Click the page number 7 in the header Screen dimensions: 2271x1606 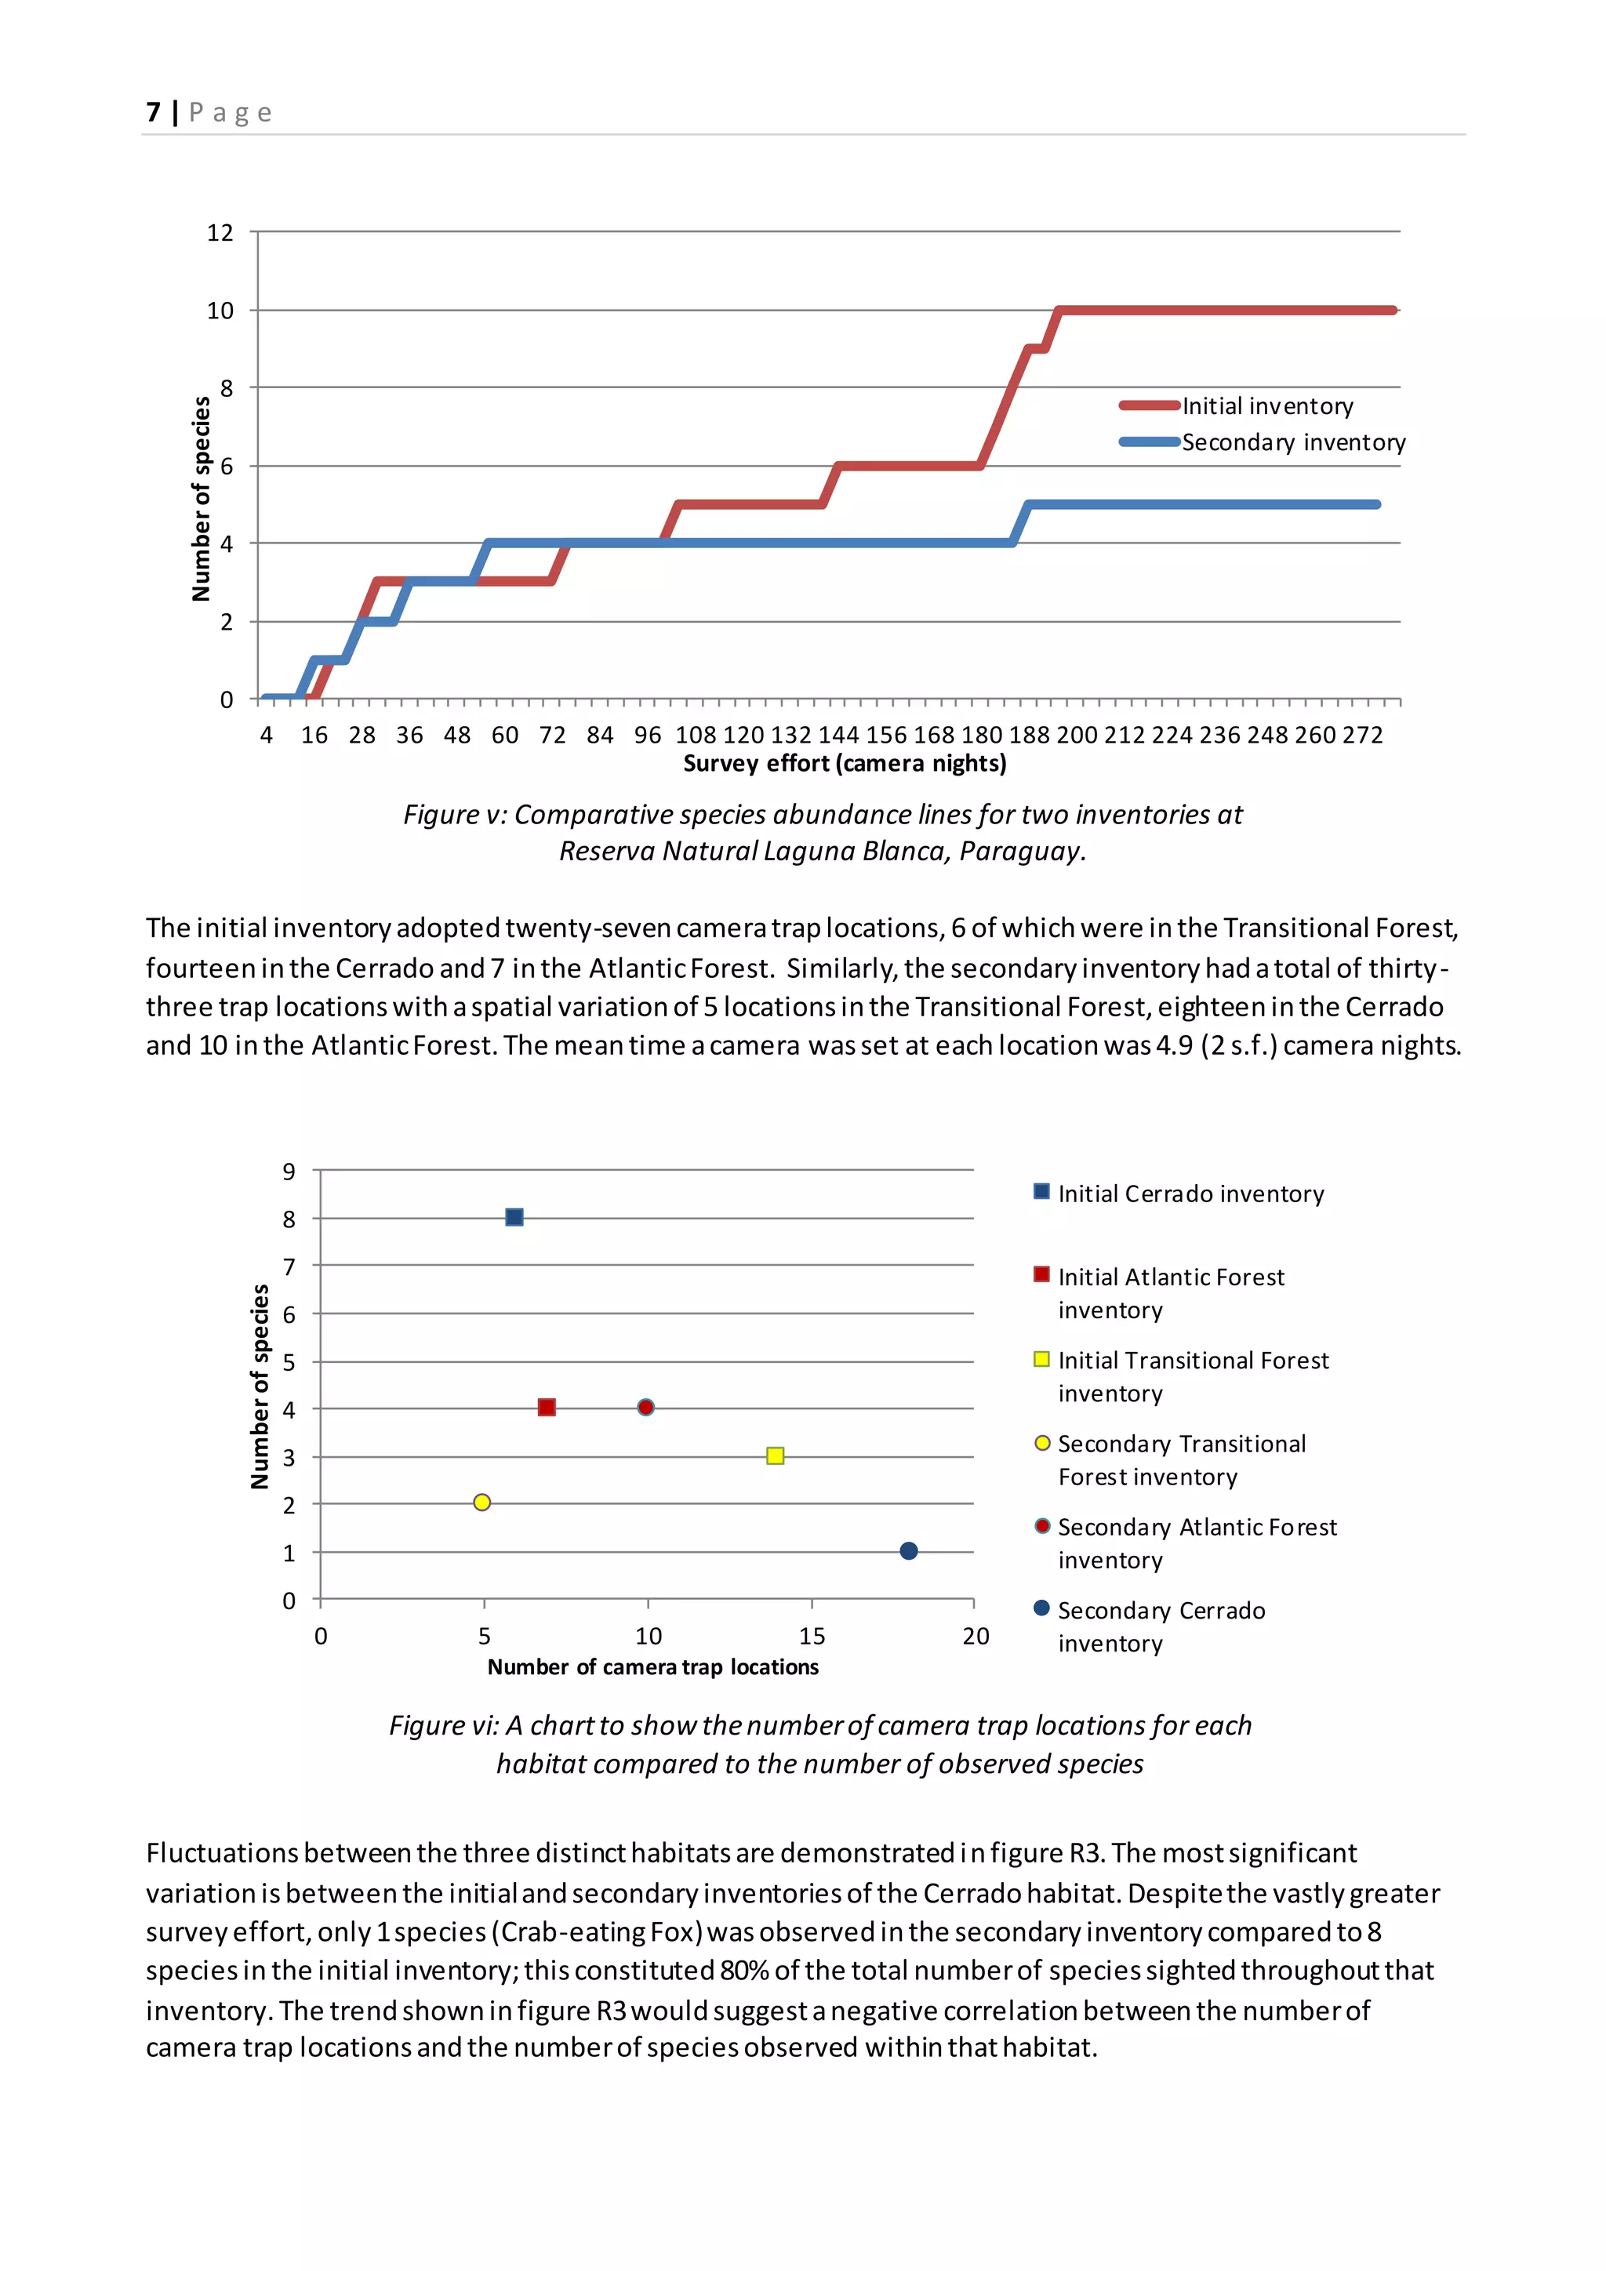(153, 112)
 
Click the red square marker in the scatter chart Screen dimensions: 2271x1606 (547, 1408)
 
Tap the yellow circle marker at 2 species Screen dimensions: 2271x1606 (481, 1502)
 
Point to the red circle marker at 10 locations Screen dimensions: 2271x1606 (645, 1408)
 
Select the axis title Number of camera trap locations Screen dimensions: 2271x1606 (652, 1666)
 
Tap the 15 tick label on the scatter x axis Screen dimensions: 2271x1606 (812, 1636)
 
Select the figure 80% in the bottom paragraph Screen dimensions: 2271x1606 (743, 1971)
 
